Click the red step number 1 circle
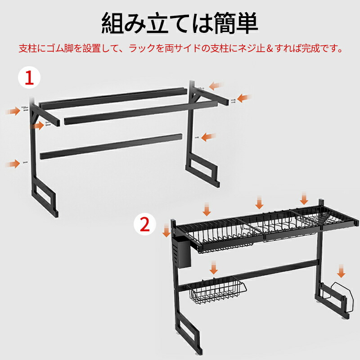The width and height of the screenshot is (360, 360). tap(29, 77)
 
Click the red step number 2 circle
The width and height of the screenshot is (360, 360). tap(144, 224)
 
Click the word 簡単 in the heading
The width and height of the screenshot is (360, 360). tap(237, 23)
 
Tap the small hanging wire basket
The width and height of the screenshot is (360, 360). tap(216, 290)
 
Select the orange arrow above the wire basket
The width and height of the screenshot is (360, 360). tap(214, 268)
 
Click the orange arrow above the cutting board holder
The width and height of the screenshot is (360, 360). tap(341, 271)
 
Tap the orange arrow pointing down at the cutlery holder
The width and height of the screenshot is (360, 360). tap(166, 230)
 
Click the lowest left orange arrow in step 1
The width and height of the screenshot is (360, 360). tap(13, 164)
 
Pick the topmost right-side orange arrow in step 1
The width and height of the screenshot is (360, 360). tap(216, 86)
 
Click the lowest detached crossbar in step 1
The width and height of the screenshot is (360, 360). tap(111, 147)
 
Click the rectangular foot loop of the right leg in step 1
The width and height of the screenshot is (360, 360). tap(202, 169)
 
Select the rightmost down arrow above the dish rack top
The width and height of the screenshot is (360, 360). tap(304, 198)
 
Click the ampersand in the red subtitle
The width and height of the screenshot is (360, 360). tap(270, 49)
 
